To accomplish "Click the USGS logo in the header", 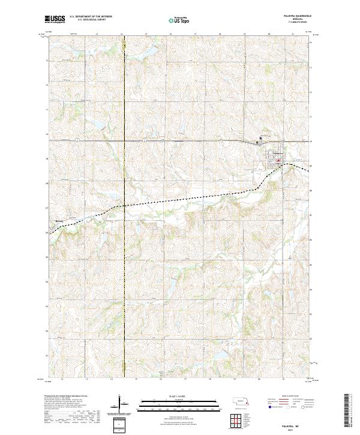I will (x=55, y=20).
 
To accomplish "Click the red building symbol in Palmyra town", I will (x=278, y=160).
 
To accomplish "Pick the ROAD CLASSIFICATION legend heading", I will (x=282, y=397).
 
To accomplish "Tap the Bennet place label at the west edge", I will (x=58, y=221).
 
